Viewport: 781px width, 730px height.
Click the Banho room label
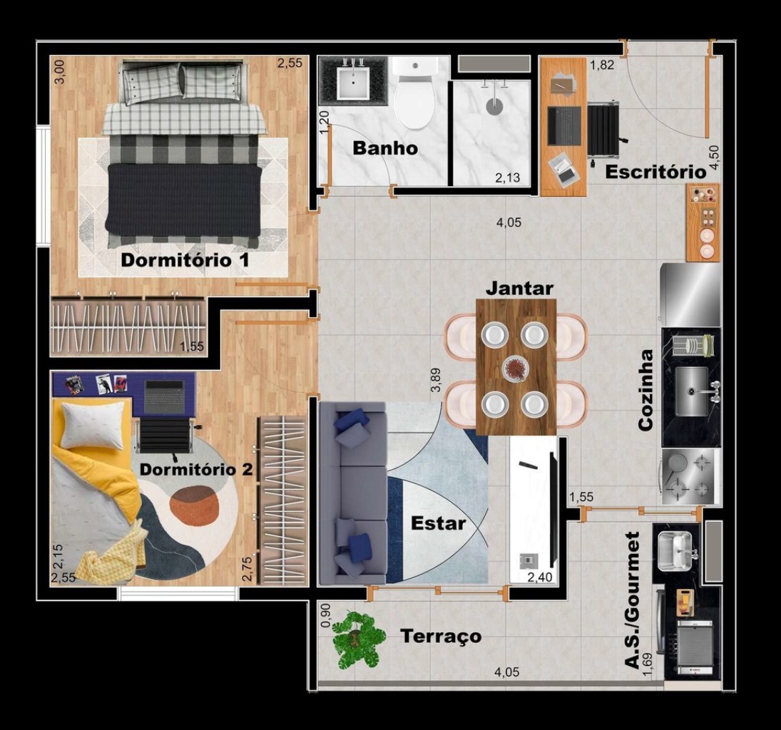385,148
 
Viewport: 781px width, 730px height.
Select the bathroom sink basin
353,83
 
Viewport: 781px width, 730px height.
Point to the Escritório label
655,172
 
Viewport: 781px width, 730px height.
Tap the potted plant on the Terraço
357,639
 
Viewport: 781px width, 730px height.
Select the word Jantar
519,288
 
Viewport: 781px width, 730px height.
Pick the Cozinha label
645,390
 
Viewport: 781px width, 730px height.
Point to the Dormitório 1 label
185,260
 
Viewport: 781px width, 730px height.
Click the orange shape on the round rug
194,506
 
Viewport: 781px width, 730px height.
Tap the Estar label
439,523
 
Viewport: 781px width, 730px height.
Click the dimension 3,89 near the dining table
436,381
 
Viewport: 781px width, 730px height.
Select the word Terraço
441,637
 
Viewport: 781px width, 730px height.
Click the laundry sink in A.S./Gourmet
675,551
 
